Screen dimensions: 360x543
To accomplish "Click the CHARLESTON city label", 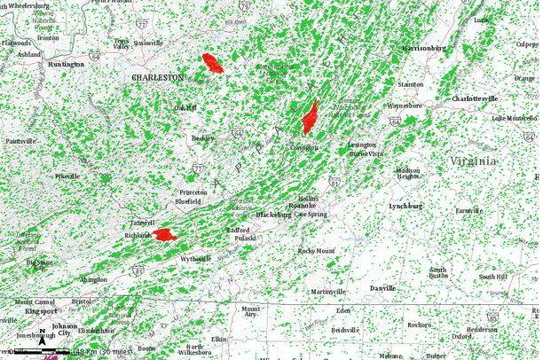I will coord(157,78).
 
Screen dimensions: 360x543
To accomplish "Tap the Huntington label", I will coord(67,65).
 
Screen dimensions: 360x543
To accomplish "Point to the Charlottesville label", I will coord(475,98).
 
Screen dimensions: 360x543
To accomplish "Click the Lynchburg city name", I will coord(405,206).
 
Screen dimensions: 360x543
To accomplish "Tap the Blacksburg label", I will coord(273,215).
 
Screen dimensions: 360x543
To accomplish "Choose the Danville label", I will coord(383,289).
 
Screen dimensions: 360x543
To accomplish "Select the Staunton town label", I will coord(411,83).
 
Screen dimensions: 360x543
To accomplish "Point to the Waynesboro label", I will coord(405,106).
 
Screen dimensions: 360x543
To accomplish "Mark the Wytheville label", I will coord(196,258).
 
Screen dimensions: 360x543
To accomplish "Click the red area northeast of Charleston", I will coord(212,63).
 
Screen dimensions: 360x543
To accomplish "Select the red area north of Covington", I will coord(310,117).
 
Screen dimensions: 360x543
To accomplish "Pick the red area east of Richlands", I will coord(162,235).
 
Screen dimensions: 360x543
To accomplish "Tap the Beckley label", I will coord(203,139).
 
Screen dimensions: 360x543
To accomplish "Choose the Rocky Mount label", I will coord(316,251).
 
